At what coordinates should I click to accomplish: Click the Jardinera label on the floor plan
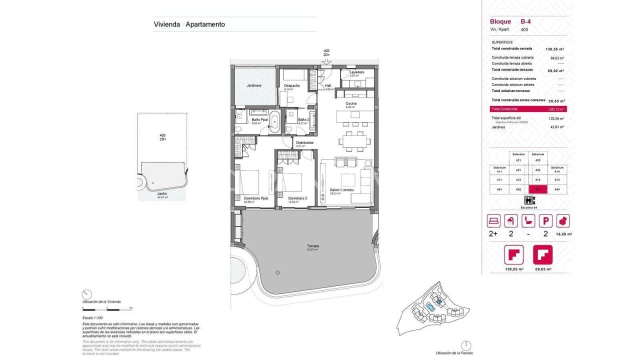254,85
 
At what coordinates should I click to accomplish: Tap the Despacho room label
292,85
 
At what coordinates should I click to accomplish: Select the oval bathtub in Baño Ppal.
275,121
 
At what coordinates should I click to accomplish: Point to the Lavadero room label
356,72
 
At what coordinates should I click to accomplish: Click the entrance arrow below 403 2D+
326,61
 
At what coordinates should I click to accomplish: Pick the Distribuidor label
304,142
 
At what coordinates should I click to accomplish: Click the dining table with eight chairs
354,141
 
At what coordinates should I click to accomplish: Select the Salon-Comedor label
342,190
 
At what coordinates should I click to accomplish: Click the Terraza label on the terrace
313,246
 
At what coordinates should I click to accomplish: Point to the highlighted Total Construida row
528,109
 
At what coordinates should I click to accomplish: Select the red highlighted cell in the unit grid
538,189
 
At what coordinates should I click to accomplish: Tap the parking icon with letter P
545,220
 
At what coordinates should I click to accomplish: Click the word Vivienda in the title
166,24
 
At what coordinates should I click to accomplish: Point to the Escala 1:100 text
92,318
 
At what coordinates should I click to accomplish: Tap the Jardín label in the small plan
162,193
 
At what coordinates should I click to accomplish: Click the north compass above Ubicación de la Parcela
465,345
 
